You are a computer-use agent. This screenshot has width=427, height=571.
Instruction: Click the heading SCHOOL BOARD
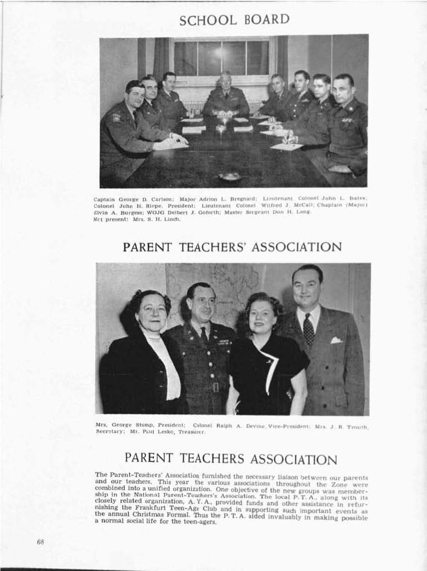pos(234,20)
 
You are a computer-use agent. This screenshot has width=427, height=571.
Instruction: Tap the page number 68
pos(41,542)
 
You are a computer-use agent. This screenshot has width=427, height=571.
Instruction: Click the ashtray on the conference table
pos(229,176)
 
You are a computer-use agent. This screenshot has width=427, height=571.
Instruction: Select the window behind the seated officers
pos(221,58)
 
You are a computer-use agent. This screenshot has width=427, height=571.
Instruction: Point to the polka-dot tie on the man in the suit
pos(308,329)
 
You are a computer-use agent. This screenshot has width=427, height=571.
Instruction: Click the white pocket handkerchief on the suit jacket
pos(336,340)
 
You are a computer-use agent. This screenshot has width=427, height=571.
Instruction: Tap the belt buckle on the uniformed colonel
pos(215,387)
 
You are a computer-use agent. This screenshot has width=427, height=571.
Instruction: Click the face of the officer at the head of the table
pos(225,81)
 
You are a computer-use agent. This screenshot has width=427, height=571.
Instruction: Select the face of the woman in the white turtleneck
pos(150,312)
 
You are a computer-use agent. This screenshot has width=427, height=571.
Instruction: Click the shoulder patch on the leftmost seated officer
pos(117,118)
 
